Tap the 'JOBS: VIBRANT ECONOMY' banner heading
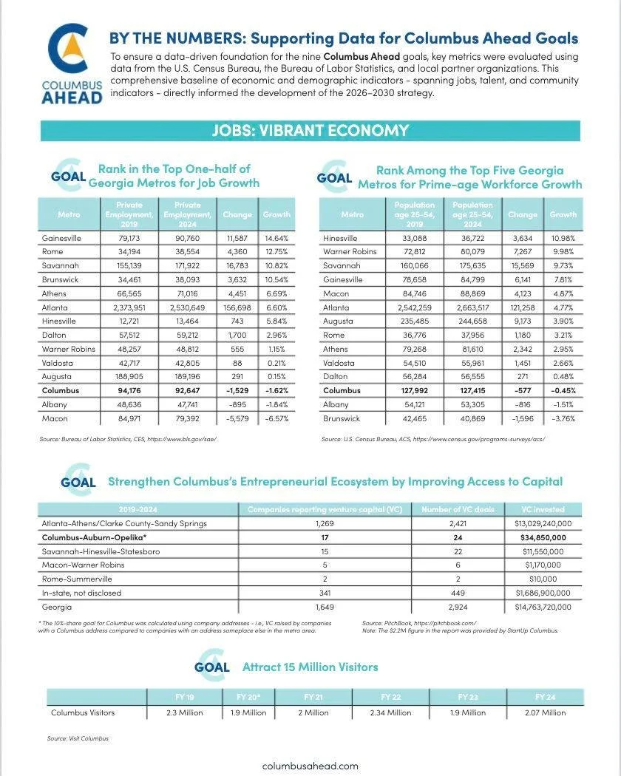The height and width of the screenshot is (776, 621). tap(310, 131)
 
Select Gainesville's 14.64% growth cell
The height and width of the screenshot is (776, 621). tap(276, 239)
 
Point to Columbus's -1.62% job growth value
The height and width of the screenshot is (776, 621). tap(276, 390)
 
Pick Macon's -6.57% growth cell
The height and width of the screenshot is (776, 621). tap(276, 418)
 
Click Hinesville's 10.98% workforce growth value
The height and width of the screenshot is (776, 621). tap(563, 239)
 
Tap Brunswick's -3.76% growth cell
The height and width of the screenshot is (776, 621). tap(563, 418)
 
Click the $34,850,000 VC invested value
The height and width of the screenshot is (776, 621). tap(543, 537)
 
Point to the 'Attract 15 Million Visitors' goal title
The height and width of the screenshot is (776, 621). tap(310, 667)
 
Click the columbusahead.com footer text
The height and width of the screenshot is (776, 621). tap(310, 766)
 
